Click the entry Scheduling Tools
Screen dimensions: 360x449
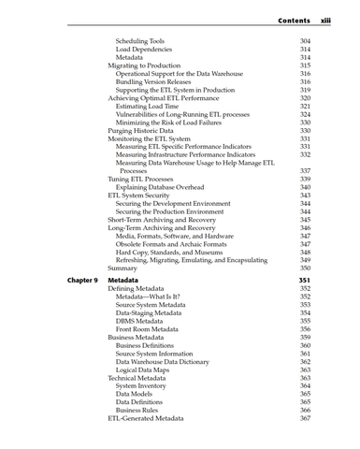(x=139, y=41)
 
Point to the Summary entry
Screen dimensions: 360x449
(x=122, y=268)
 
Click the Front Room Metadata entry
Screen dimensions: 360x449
(x=147, y=328)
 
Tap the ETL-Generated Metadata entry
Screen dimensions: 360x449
(x=145, y=418)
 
